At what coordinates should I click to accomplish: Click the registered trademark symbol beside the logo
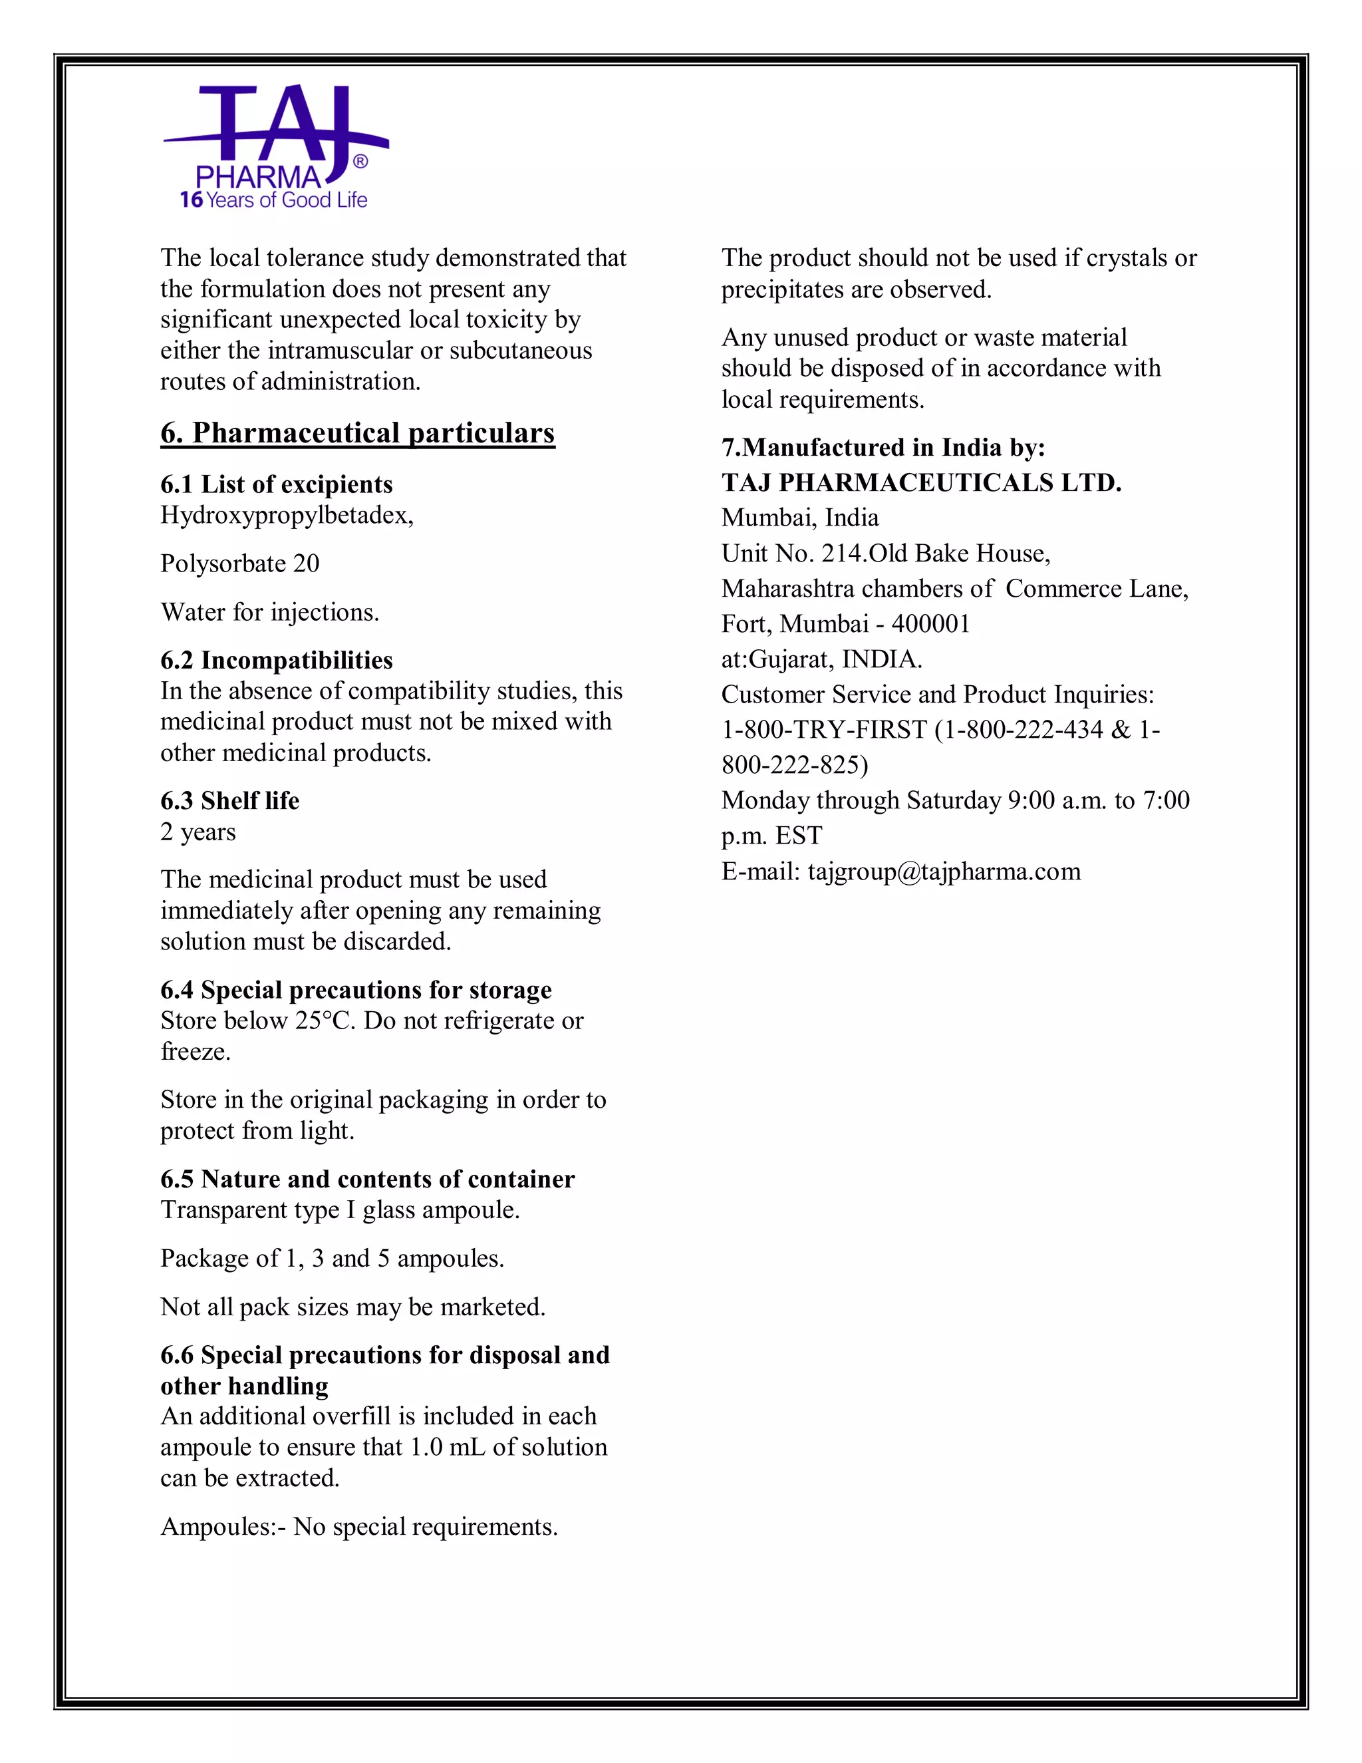coord(360,162)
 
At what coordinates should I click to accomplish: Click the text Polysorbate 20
coord(239,563)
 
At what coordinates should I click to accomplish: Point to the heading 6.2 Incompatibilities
coord(276,661)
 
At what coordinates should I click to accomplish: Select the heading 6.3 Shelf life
coord(229,801)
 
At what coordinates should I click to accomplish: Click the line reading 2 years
coord(198,832)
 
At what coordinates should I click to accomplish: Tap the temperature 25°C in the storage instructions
coord(325,1021)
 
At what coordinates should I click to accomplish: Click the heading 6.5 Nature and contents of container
coord(367,1180)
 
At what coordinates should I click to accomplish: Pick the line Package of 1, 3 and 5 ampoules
coord(332,1259)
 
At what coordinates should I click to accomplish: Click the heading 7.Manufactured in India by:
coord(883,447)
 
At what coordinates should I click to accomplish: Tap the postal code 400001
coord(930,624)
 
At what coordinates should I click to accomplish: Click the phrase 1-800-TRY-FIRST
coord(824,730)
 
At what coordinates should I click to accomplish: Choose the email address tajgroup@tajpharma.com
coord(944,872)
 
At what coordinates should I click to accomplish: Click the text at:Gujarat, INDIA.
coord(821,659)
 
